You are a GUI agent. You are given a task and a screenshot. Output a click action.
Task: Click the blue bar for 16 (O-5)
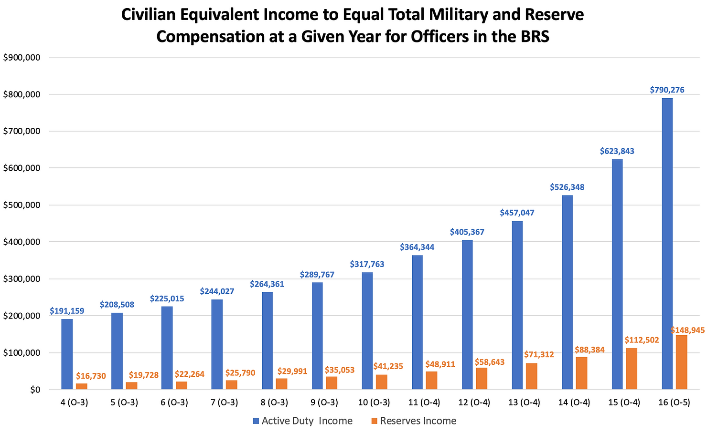(667, 244)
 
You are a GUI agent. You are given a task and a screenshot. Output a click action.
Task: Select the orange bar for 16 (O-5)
(681, 362)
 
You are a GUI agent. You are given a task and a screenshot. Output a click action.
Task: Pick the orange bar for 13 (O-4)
(531, 377)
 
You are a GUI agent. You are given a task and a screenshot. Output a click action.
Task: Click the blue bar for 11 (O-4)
(417, 322)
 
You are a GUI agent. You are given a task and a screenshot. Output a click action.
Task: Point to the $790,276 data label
(667, 90)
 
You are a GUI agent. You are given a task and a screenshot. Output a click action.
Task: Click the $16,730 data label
(91, 376)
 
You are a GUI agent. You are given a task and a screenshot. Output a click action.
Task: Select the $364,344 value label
(417, 247)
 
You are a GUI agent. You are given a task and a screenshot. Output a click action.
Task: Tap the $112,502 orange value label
(642, 340)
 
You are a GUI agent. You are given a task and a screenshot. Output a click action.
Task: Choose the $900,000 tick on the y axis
(22, 58)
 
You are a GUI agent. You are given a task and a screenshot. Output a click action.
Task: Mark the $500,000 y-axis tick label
(22, 205)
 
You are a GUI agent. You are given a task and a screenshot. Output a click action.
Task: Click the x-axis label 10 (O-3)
(374, 402)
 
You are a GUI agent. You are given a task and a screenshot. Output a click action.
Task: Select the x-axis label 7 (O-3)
(224, 402)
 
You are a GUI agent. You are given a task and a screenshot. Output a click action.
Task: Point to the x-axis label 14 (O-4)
(574, 402)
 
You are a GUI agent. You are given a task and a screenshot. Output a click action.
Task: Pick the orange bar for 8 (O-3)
(281, 384)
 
